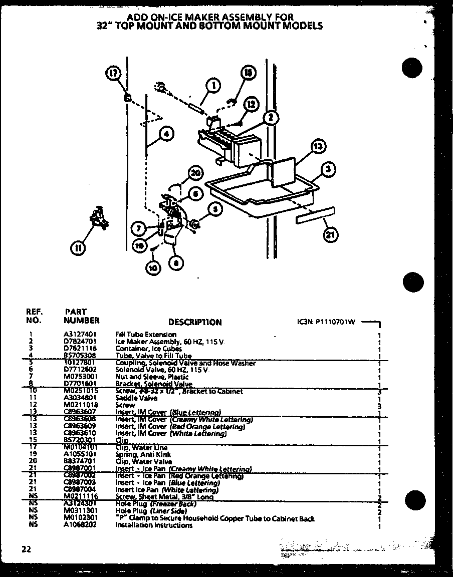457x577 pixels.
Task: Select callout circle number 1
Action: click(214, 86)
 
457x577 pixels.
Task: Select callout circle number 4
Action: click(166, 134)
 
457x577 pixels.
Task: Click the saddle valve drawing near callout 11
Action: click(99, 219)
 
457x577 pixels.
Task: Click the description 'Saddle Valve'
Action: click(129, 398)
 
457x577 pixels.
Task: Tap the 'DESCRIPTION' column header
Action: click(194, 323)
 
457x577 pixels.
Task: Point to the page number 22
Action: click(26, 549)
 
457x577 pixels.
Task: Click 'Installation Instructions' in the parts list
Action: click(154, 525)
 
